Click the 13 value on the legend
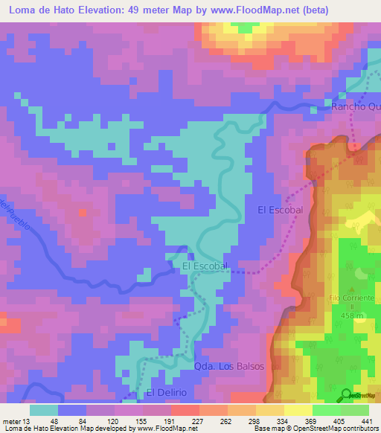(x=29, y=420)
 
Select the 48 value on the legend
(x=58, y=420)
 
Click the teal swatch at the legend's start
(x=43, y=410)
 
